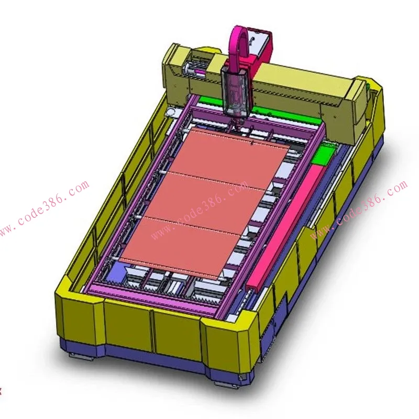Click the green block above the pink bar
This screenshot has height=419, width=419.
tap(323, 155)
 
